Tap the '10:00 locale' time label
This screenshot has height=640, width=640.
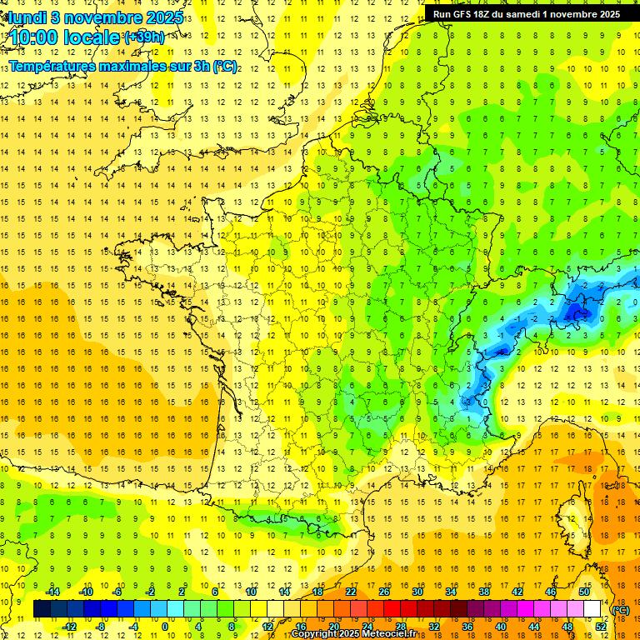tap(65, 37)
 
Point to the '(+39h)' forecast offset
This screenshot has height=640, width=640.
tap(144, 37)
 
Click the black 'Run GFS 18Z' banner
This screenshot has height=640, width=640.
tap(526, 13)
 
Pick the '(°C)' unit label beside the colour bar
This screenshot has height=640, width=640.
tap(621, 609)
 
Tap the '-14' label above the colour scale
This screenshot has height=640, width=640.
tap(53, 591)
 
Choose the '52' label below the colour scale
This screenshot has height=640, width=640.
tap(601, 627)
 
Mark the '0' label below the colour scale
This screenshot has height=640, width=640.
tap(164, 627)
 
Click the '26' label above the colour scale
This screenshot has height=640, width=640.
tap(384, 591)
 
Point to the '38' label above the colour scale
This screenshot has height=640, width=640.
tap(484, 591)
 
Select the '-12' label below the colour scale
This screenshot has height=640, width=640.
tap(69, 627)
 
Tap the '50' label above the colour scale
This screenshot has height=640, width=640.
tap(584, 591)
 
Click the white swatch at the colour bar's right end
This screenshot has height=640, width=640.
tap(592, 609)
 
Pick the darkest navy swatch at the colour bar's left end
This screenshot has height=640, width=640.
tap(42, 609)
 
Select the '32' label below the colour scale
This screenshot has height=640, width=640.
tap(434, 627)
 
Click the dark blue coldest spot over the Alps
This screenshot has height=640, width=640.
tap(575, 312)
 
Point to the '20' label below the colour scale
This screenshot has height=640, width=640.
tap(333, 627)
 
